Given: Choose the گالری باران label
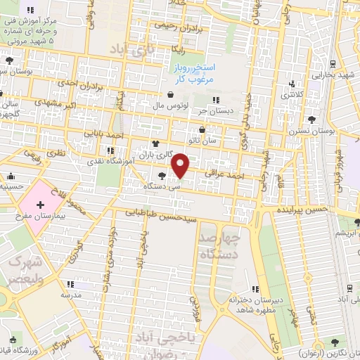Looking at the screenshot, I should tap(155, 153).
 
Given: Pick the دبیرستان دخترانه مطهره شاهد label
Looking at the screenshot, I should tap(255, 304).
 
